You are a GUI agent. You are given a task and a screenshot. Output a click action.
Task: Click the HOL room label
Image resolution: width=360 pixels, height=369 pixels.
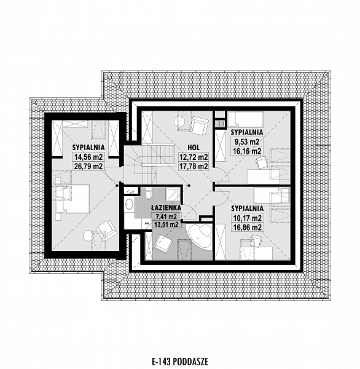click(x=194, y=148)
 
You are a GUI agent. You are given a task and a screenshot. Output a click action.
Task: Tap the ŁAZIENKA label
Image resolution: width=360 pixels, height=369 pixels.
click(x=166, y=208)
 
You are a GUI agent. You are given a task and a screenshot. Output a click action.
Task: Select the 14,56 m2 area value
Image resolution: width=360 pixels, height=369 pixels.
click(x=88, y=156)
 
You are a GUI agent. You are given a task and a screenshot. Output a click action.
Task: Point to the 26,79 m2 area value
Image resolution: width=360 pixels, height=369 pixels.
click(x=88, y=167)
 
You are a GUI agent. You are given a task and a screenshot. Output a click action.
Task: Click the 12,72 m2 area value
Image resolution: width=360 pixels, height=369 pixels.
click(x=194, y=157)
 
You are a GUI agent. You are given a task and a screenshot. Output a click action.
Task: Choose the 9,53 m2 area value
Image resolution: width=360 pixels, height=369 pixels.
click(x=246, y=142)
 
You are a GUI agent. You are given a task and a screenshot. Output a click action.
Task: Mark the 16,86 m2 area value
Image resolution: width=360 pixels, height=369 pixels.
click(x=247, y=228)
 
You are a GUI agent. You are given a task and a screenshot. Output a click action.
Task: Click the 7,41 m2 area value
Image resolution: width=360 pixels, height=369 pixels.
click(x=166, y=216)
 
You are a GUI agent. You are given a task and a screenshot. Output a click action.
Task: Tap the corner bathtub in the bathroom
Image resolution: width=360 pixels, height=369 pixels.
click(x=200, y=236)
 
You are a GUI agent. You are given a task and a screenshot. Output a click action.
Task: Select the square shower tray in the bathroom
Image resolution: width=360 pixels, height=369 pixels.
click(x=173, y=194)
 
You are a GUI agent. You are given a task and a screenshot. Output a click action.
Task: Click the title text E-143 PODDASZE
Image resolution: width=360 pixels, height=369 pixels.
click(x=180, y=361)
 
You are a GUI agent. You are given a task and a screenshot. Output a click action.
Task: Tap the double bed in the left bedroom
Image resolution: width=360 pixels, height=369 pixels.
click(x=73, y=199)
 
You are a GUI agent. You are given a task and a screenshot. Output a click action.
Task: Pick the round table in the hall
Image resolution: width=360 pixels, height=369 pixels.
click(x=179, y=121)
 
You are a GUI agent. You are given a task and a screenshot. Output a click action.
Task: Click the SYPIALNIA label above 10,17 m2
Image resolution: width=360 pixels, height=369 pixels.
click(x=247, y=208)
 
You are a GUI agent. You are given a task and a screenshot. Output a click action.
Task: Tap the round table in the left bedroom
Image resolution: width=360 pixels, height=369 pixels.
click(x=88, y=236)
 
